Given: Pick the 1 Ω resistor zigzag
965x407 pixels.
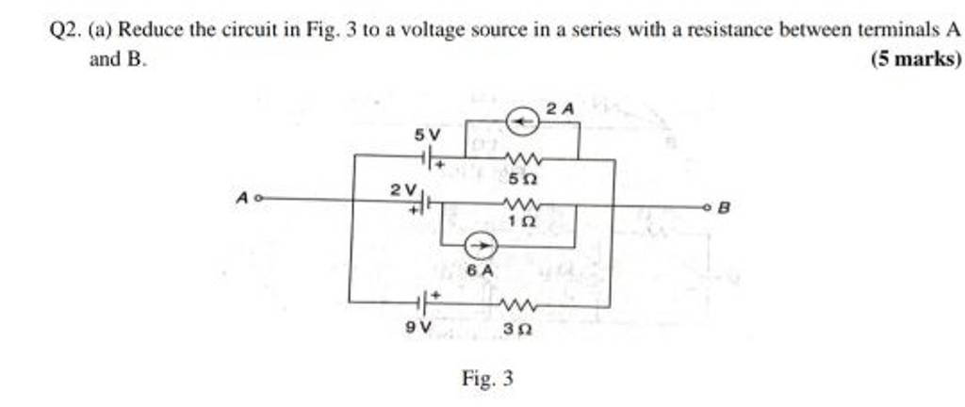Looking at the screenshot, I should click(520, 203).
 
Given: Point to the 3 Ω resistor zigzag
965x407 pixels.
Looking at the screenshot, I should click(520, 304).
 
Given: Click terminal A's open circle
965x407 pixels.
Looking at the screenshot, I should click(258, 200).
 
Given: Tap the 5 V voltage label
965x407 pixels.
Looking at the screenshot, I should click(427, 137).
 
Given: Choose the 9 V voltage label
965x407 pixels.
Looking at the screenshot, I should click(417, 326).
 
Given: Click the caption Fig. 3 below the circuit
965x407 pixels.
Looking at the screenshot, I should click(487, 380).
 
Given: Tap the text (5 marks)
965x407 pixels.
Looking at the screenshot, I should click(912, 58).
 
